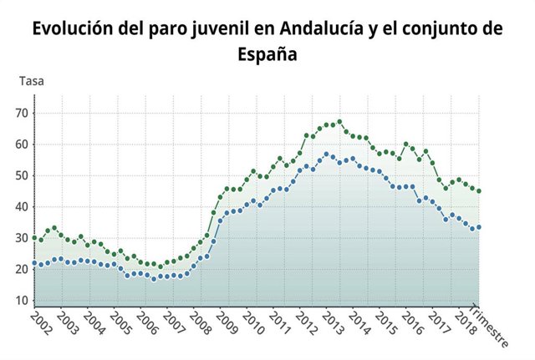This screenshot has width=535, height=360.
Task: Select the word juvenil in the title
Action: [228, 28]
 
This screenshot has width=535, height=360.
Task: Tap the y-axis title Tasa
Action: [31, 81]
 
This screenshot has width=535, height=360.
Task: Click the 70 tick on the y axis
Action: [22, 113]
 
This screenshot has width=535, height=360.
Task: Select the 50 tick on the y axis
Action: [22, 175]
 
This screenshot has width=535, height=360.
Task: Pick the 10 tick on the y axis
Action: [22, 301]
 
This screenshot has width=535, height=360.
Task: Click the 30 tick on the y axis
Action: [22, 238]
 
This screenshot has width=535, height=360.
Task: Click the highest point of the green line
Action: [339, 122]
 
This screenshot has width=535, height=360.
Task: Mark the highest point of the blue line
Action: [326, 155]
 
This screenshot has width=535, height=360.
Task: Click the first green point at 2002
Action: [34, 238]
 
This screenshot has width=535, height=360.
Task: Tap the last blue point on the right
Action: [478, 227]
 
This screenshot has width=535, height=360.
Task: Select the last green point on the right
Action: [478, 191]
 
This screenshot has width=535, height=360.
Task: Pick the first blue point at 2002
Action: [34, 263]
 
